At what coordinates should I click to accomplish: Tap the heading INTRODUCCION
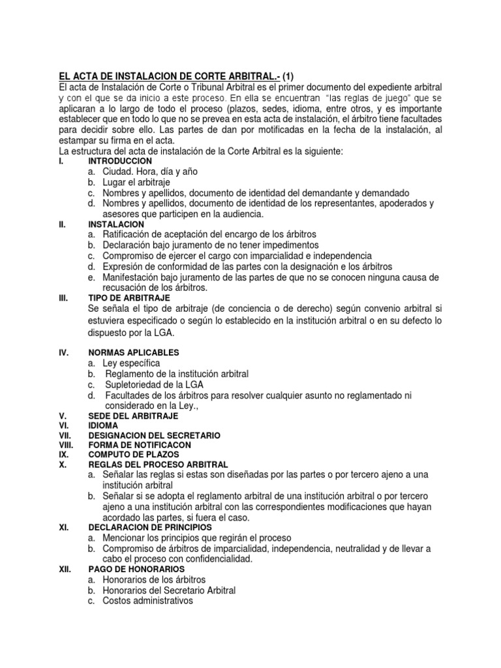[120, 160]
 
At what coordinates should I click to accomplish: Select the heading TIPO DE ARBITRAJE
[129, 297]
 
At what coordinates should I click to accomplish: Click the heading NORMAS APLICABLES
[133, 352]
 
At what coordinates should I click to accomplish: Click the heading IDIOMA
[103, 425]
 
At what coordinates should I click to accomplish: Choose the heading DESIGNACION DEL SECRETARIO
[154, 435]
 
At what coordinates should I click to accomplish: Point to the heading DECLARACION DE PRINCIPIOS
[150, 526]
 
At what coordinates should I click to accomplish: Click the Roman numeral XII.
[65, 569]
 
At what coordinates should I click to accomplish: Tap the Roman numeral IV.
[64, 352]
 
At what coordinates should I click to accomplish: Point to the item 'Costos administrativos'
[147, 601]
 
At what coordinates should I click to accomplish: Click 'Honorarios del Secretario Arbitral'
[168, 590]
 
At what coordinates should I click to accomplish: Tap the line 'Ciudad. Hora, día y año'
[149, 171]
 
